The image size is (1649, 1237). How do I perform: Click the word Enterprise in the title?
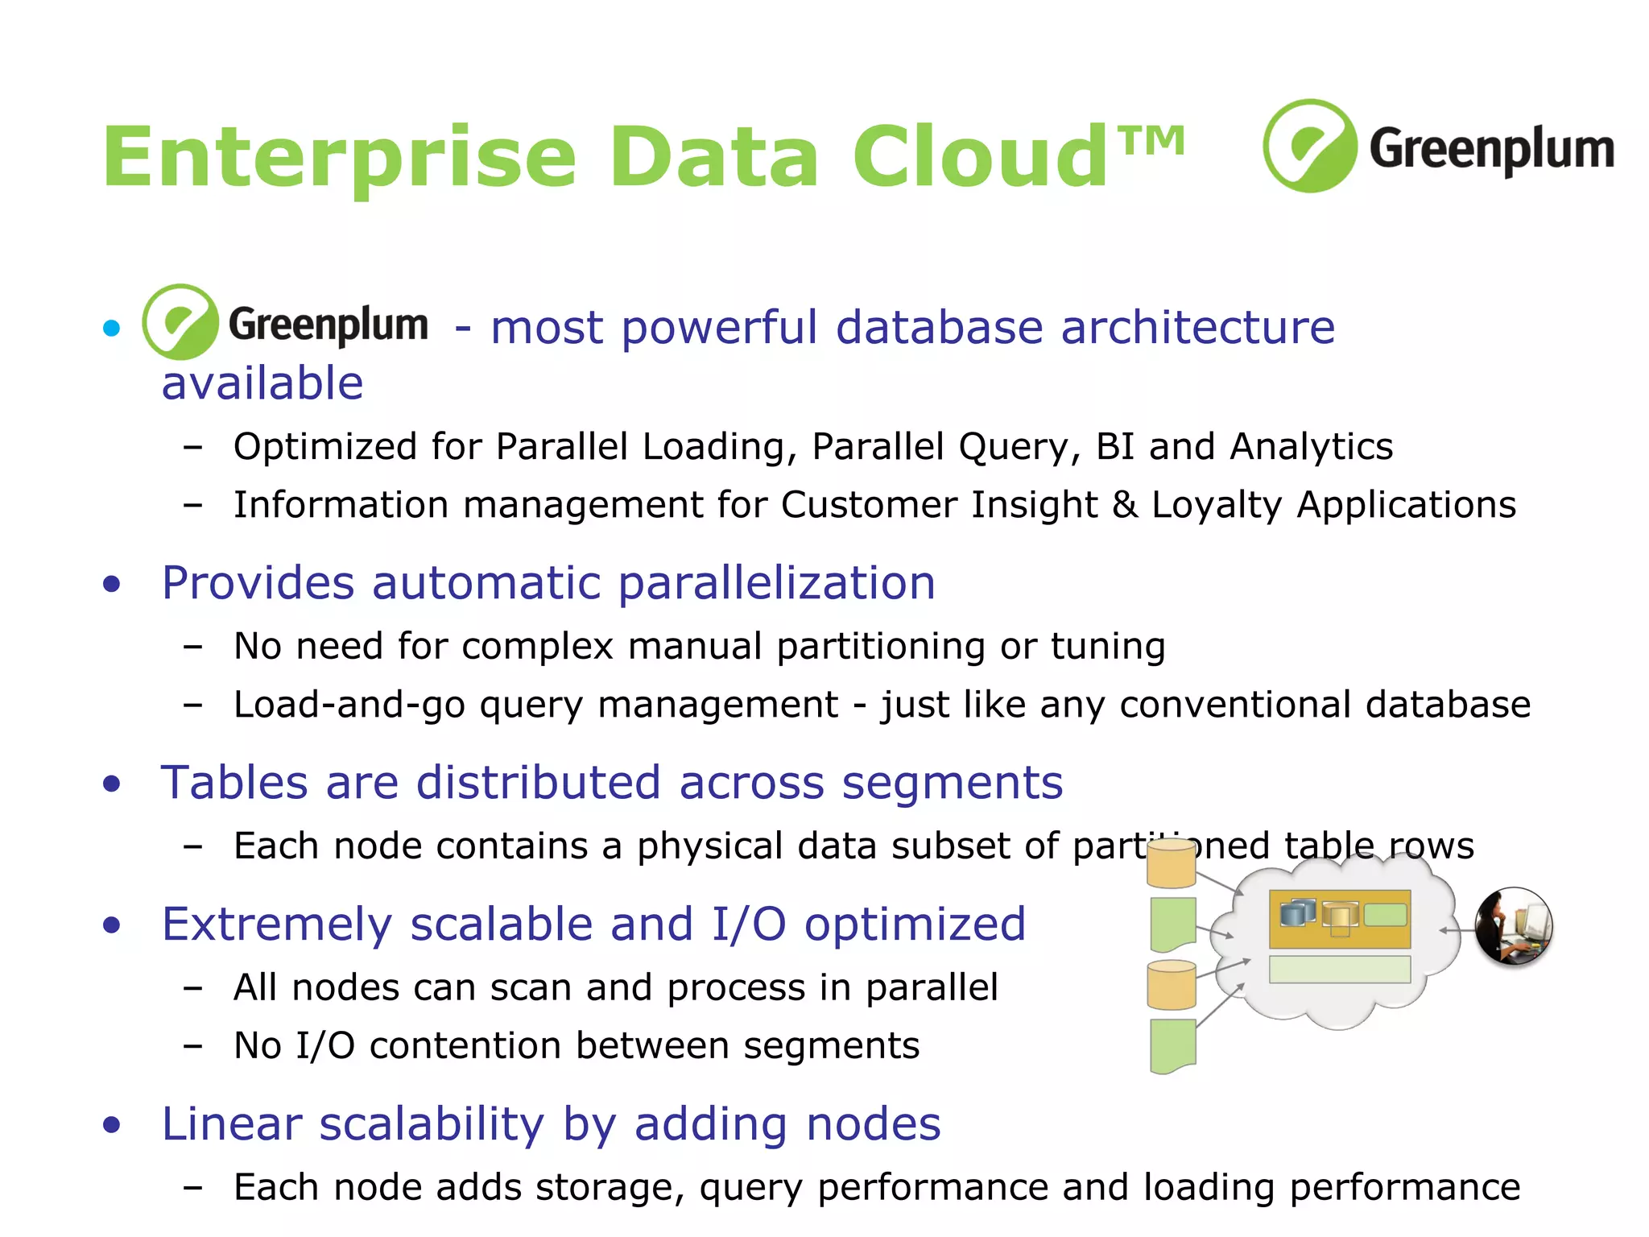click(339, 159)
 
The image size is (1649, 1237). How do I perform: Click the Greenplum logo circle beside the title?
click(1309, 146)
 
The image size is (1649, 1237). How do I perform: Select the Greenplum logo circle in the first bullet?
click(180, 322)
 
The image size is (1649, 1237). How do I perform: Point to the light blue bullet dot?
click(112, 328)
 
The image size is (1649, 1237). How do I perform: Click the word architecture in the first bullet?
click(1197, 328)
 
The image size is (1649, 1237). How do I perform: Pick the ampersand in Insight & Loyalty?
click(1124, 505)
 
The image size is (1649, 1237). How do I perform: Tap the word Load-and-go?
click(349, 705)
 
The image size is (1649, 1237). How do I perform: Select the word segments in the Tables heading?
click(952, 783)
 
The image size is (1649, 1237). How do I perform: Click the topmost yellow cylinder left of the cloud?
click(1172, 863)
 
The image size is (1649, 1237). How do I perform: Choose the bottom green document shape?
click(1173, 1046)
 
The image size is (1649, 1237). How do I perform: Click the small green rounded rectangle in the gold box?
click(1385, 915)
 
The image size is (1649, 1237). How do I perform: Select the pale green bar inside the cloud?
click(1339, 969)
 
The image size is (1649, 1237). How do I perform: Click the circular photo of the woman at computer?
click(1514, 926)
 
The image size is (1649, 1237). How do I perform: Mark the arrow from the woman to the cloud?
click(1457, 930)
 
